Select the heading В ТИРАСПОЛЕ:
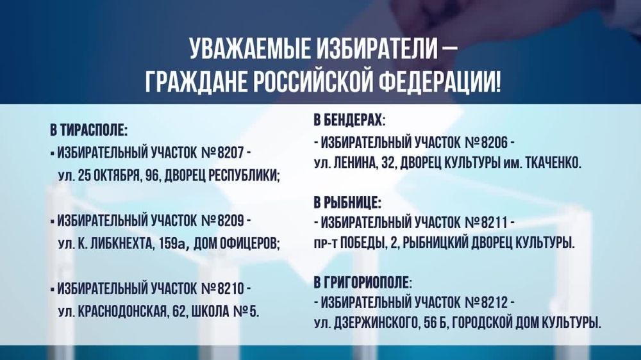pyautogui.click(x=89, y=131)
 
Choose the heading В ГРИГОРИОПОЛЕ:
pyautogui.click(x=363, y=282)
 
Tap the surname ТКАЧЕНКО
pyautogui.click(x=553, y=163)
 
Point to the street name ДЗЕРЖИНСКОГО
pyautogui.click(x=374, y=323)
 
